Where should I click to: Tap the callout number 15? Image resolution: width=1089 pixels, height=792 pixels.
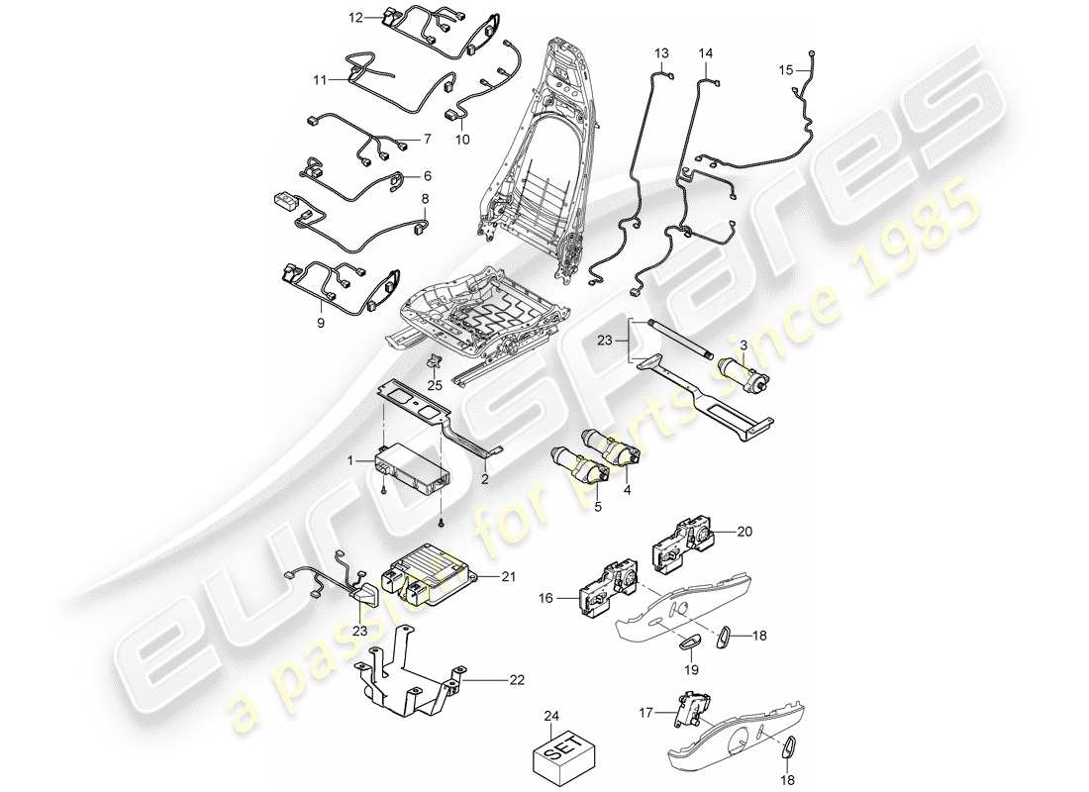tap(785, 70)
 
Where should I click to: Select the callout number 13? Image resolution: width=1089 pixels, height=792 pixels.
tap(661, 52)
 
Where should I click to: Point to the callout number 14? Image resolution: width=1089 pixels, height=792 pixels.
tap(706, 52)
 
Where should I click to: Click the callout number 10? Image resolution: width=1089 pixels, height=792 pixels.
tap(462, 140)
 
